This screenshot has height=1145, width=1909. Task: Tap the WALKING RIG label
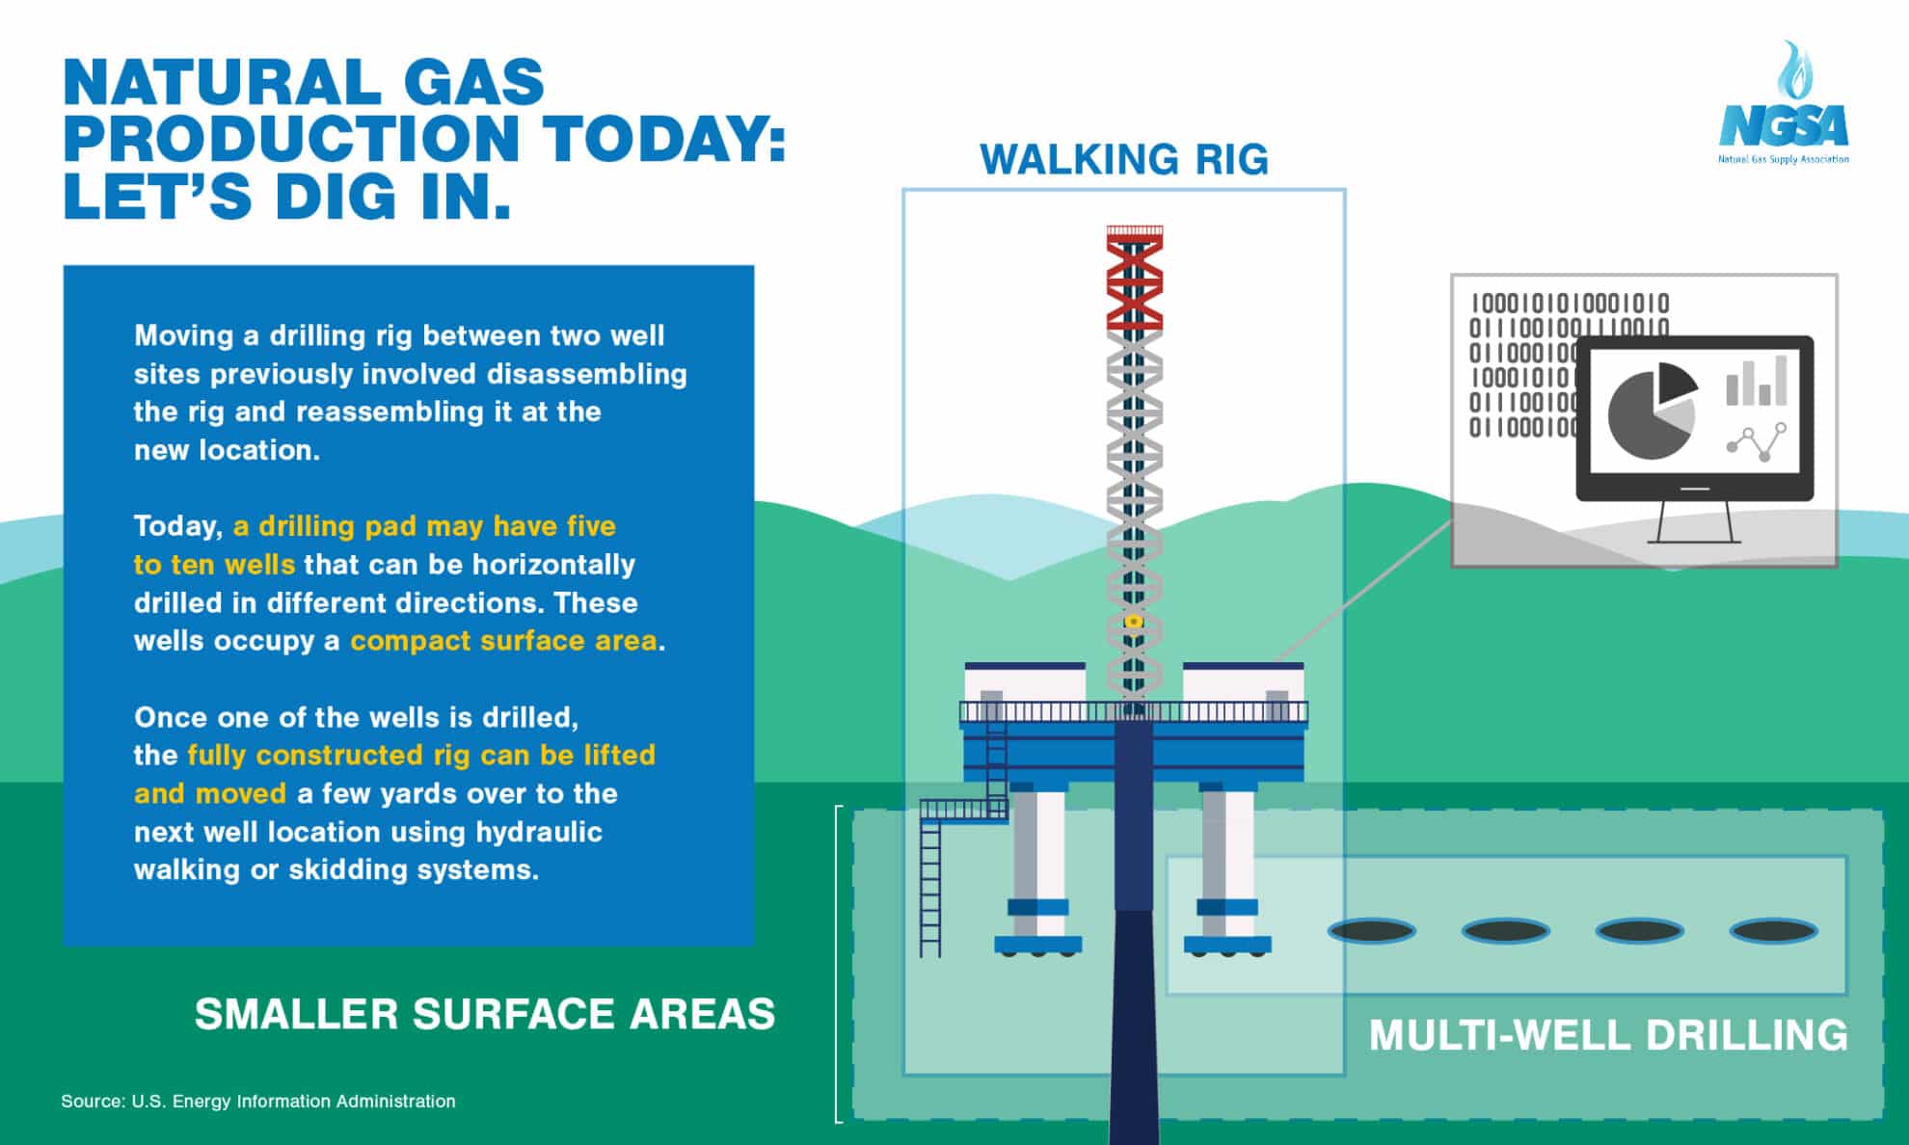(1123, 160)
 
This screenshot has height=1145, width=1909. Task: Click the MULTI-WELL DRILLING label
(1608, 1035)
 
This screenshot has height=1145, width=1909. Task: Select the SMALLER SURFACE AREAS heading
(485, 1014)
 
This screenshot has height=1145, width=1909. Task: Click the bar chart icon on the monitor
(1756, 382)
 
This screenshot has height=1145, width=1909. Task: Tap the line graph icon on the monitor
(1756, 442)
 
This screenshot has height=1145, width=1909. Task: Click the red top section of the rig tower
(1134, 280)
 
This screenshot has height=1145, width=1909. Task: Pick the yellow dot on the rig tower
(1135, 622)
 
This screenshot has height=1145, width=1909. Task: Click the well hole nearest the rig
(1371, 931)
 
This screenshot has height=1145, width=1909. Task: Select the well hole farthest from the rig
(1773, 931)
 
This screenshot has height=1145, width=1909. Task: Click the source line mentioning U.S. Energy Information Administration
(258, 1101)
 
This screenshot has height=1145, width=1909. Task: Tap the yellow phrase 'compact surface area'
(503, 641)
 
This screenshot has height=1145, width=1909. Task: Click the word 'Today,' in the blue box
(178, 526)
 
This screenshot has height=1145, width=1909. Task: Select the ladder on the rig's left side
(930, 887)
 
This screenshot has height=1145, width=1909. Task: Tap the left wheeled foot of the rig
(1037, 945)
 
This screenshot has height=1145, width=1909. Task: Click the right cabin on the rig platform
(1243, 686)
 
